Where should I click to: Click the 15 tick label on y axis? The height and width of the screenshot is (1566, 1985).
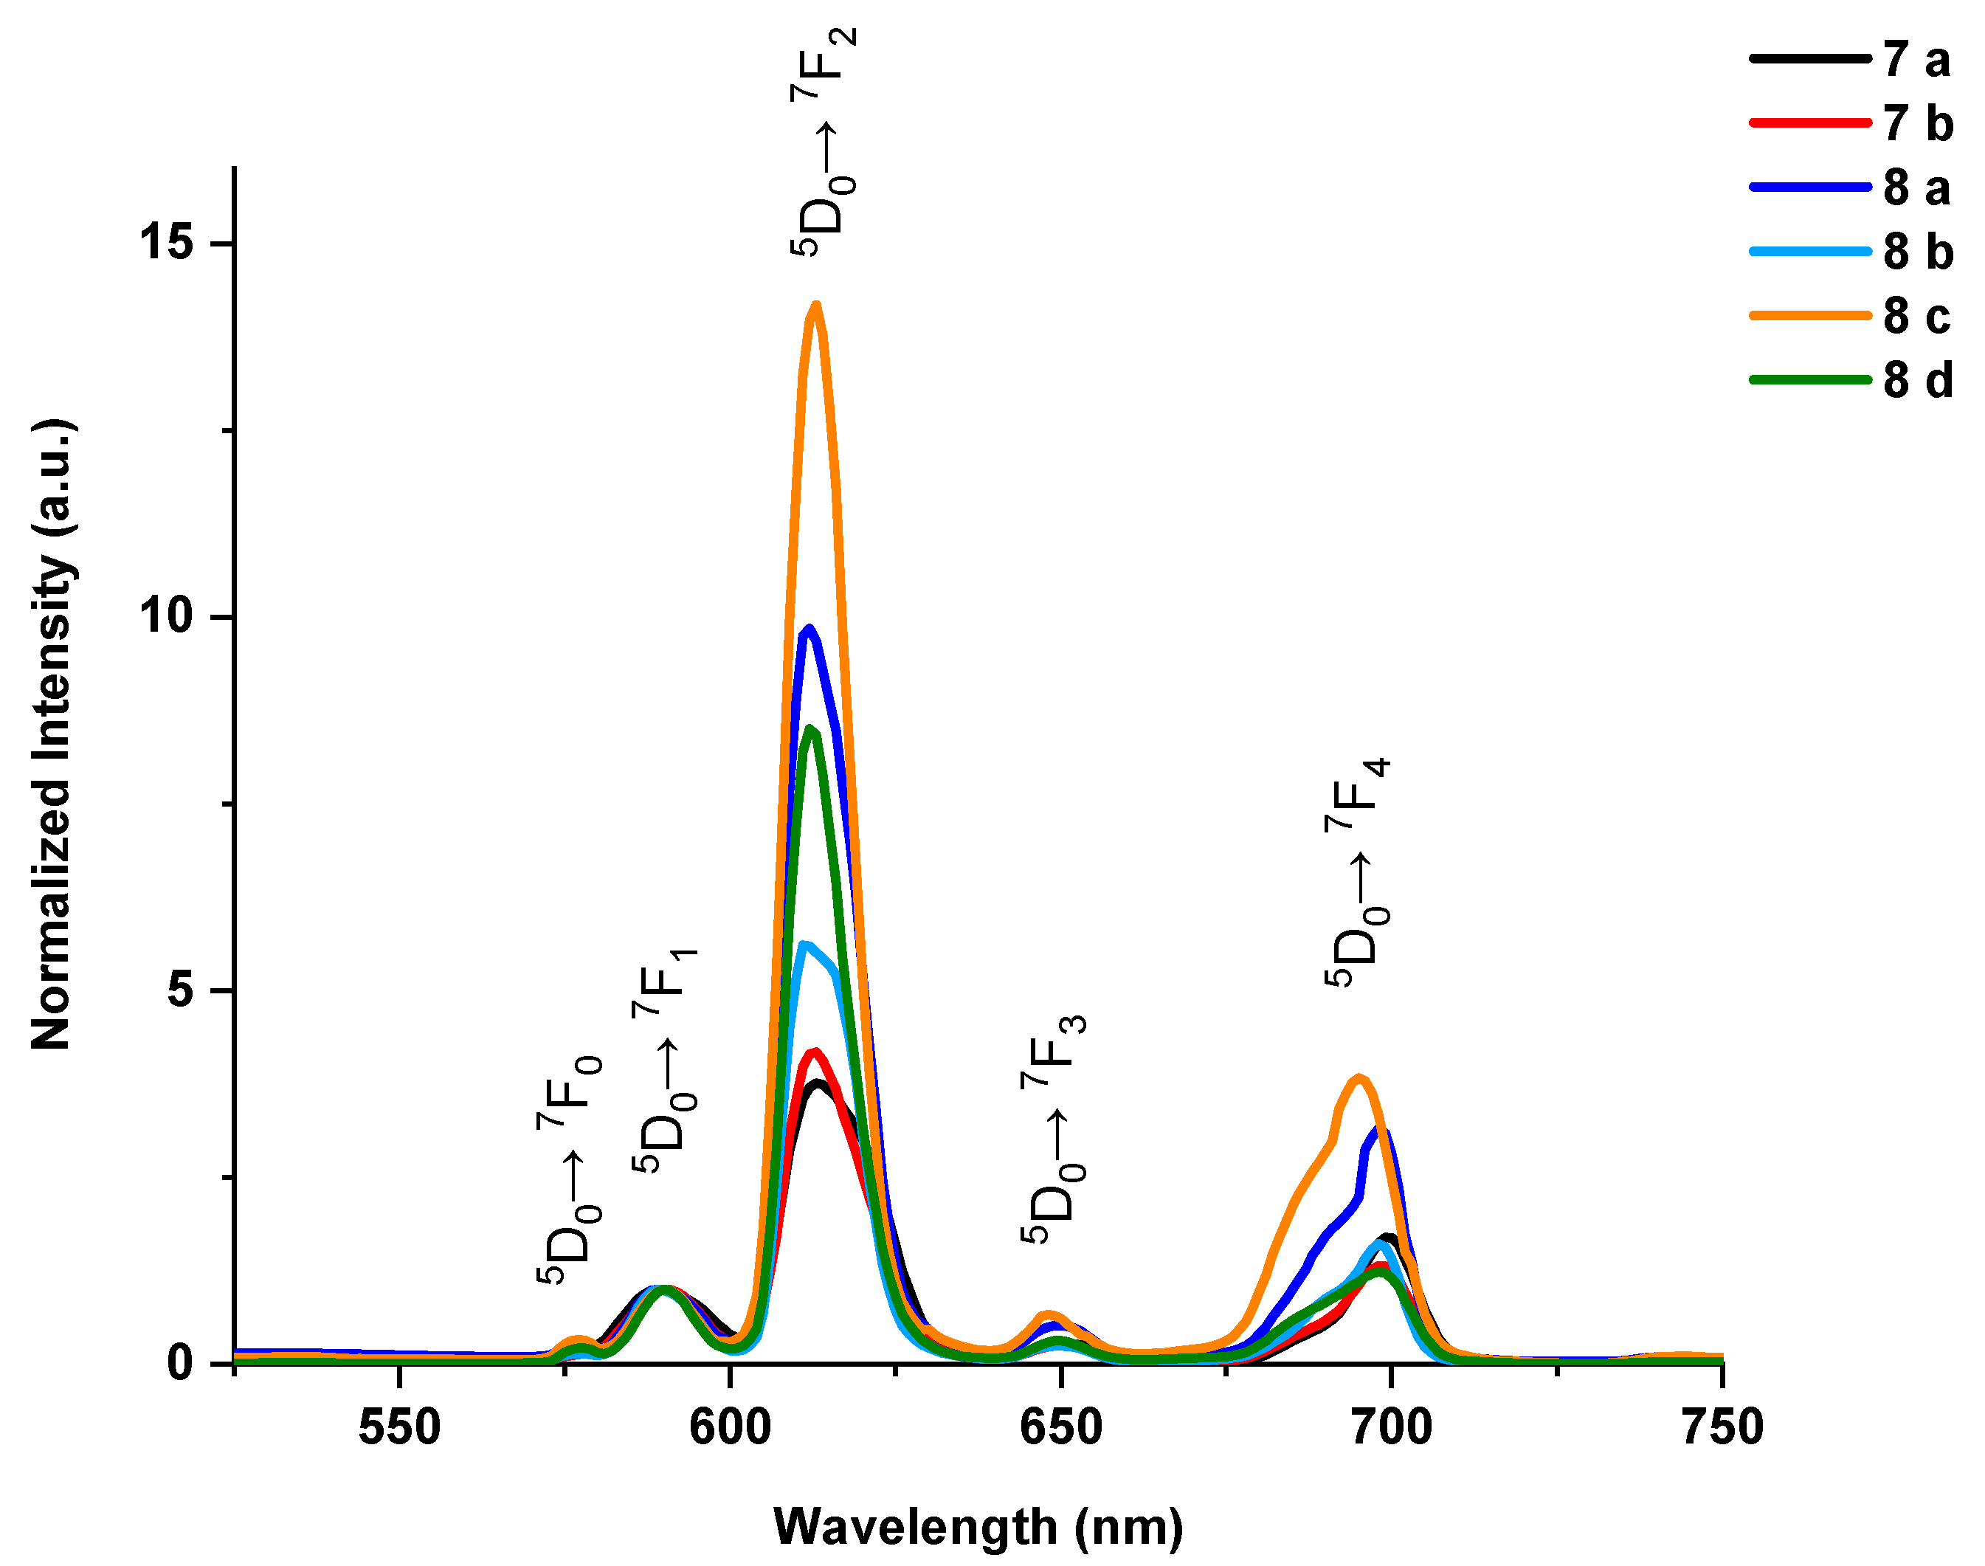pos(166,244)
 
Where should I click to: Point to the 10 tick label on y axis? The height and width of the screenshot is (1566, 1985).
pos(166,617)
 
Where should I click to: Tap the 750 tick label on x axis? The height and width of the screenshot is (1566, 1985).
pos(1722,1427)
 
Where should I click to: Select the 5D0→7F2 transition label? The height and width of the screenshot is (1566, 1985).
pos(824,142)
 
